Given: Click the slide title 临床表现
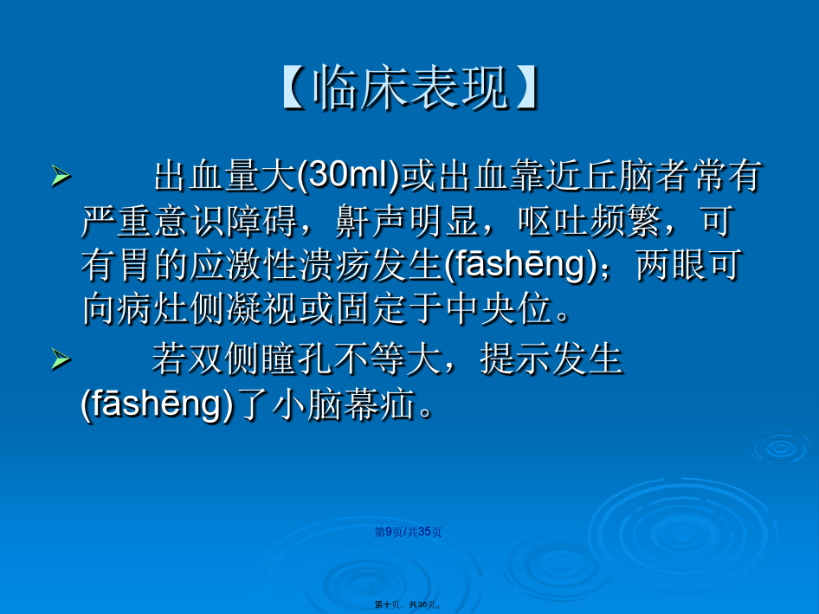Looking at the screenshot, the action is coord(409,87).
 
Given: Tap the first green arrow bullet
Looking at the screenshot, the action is coord(61,176).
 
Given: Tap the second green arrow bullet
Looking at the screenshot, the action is coord(61,359).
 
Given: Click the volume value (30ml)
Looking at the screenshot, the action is coord(348,176).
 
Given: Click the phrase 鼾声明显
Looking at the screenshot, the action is coord(407,221).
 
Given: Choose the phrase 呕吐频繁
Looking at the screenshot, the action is coord(590,221).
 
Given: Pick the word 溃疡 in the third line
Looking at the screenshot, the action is coord(335,264).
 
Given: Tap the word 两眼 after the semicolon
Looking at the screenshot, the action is coord(671,264).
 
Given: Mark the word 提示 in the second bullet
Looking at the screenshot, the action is coord(515,359).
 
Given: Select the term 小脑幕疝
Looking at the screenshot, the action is coord(345,404).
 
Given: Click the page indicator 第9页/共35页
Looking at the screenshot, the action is coord(408,532).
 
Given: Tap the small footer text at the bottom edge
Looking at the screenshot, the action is coord(408,604).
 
